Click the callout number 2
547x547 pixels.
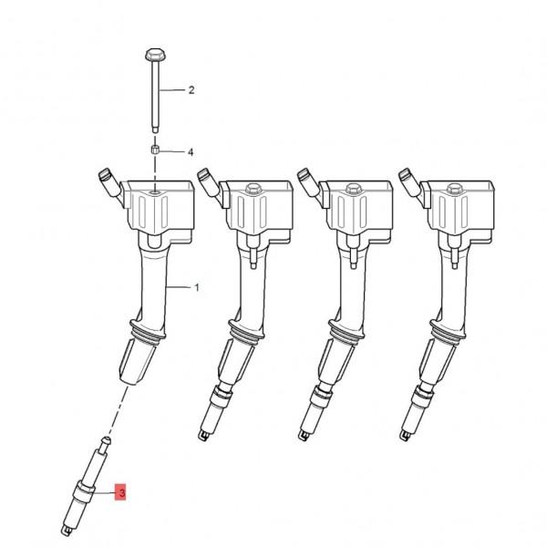(191, 90)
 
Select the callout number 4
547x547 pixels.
(191, 151)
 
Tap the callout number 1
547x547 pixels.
(197, 287)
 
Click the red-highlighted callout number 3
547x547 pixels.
(121, 493)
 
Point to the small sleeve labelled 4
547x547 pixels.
(156, 150)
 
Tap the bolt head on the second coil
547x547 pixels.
(253, 191)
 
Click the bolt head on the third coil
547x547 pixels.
(351, 191)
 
